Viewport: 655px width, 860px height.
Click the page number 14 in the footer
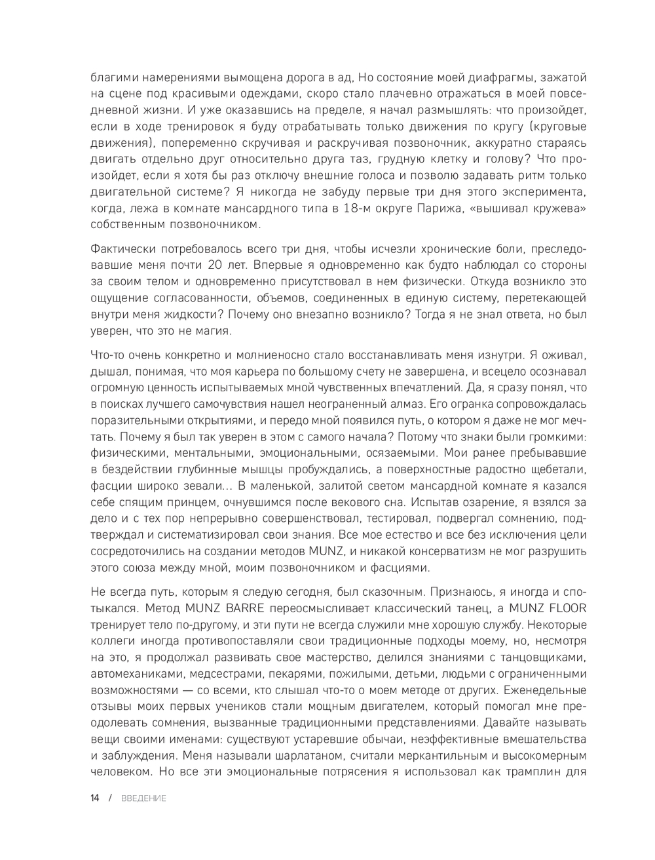(x=95, y=798)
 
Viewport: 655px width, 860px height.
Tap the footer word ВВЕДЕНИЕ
(x=143, y=798)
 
